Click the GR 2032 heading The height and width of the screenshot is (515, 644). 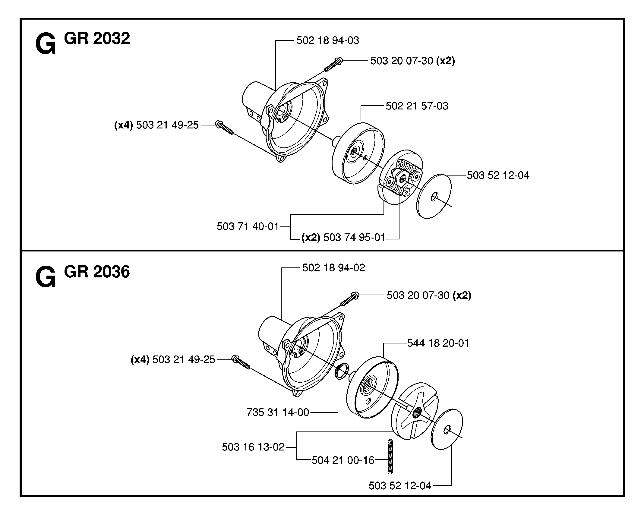click(x=97, y=38)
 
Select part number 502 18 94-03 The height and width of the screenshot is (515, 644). click(x=328, y=40)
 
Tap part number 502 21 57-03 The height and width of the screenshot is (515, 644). click(x=417, y=106)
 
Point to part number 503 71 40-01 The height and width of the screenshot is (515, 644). click(x=248, y=226)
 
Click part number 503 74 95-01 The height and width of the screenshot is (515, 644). click(x=355, y=238)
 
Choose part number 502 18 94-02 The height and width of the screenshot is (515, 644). click(x=334, y=267)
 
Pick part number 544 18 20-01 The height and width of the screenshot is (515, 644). click(x=438, y=343)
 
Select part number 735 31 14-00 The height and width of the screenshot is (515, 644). click(x=278, y=412)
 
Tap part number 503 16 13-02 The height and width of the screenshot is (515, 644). click(x=253, y=447)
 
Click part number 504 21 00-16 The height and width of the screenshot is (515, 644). click(x=343, y=460)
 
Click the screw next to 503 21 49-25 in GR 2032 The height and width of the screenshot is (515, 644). click(x=225, y=128)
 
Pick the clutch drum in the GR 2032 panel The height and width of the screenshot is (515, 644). click(x=358, y=153)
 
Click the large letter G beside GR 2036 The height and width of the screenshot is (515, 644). click(x=45, y=276)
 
